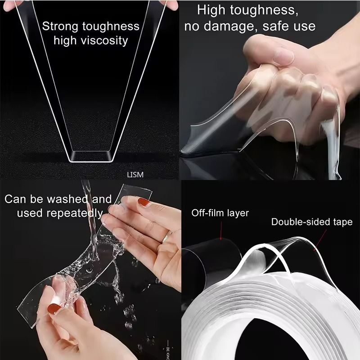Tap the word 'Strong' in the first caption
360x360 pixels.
(x=60, y=26)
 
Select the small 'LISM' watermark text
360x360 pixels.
(x=135, y=175)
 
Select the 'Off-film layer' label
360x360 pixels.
(x=220, y=213)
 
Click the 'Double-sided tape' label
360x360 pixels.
(x=311, y=222)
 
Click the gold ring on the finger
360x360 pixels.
(x=167, y=235)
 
